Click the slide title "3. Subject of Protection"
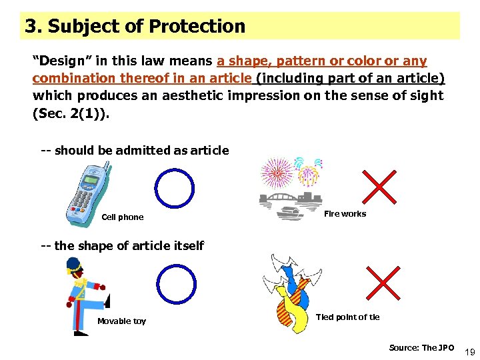tap(135, 27)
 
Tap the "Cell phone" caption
tap(122, 217)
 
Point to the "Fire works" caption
tap(345, 214)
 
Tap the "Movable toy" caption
tap(121, 321)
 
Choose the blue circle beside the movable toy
tap(176, 285)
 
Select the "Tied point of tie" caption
tap(347, 317)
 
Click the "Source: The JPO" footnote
tap(421, 347)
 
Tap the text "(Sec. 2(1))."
tap(71, 113)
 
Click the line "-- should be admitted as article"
tap(135, 151)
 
